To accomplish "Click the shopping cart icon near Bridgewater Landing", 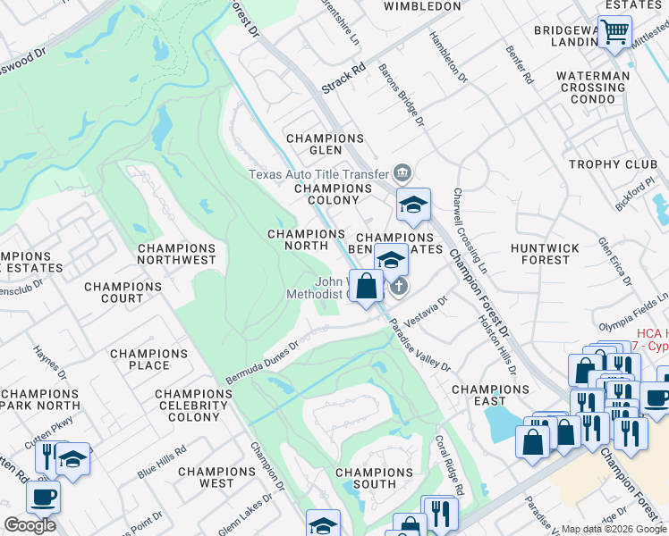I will click(614, 32).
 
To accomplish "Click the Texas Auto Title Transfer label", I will click(318, 174).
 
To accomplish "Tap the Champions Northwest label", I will click(176, 254).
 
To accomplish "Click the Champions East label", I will click(490, 395).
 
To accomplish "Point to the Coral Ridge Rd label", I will click(448, 465).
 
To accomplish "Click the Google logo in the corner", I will click(30, 525).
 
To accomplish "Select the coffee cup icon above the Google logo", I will click(42, 496).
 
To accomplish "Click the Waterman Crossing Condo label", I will click(591, 88).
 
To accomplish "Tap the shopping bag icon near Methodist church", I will click(366, 287).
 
